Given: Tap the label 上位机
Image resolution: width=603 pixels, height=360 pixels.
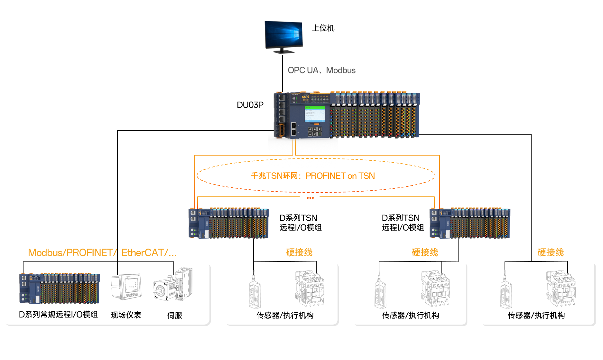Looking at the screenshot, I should (x=323, y=28).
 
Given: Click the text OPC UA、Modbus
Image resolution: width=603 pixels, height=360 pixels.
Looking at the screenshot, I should (x=321, y=70).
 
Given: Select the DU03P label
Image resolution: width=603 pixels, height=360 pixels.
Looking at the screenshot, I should (x=250, y=105).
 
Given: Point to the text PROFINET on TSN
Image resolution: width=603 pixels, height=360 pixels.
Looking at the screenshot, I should (x=340, y=176).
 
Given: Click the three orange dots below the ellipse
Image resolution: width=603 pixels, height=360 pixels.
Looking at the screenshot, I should (x=310, y=198).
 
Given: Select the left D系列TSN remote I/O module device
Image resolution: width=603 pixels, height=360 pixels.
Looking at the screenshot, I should (x=229, y=223).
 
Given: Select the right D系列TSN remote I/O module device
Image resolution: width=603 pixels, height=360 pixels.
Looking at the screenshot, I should (x=470, y=223).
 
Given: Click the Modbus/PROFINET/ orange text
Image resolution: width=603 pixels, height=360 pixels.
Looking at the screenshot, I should (x=71, y=253).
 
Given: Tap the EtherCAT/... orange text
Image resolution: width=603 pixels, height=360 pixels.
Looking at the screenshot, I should (x=149, y=253).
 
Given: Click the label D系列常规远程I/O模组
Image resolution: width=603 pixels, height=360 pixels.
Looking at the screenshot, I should (x=58, y=315).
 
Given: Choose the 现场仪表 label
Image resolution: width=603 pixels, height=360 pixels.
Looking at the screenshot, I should (x=126, y=315).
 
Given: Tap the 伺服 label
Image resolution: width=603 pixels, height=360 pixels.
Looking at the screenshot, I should (x=175, y=315).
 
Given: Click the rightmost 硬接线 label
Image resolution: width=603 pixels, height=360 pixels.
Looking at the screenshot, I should (x=551, y=252).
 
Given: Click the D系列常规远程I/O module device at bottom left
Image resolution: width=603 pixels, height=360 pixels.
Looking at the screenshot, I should (x=60, y=289).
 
